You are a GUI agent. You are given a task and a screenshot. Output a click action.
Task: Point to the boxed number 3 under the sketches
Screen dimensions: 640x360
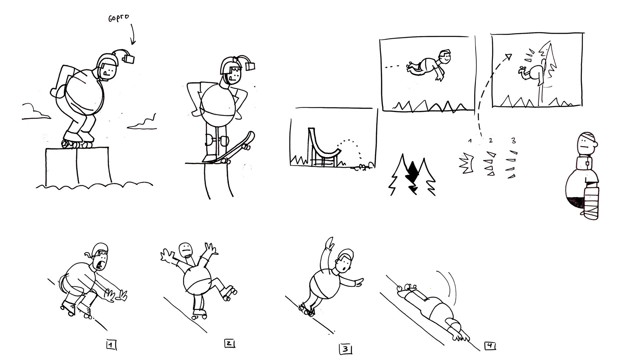(345, 349)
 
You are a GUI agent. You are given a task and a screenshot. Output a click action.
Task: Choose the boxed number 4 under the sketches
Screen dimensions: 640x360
(489, 346)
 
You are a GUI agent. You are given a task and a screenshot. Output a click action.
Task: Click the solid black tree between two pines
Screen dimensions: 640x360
(413, 177)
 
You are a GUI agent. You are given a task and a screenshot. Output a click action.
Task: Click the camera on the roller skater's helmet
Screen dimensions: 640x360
(129, 58)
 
